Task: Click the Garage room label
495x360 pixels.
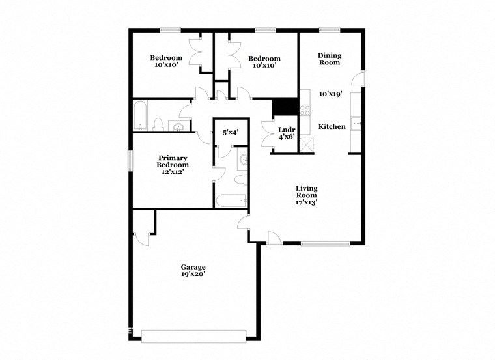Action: [x=193, y=268]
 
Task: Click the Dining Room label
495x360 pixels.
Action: [x=330, y=59]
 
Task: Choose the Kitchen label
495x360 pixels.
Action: [x=332, y=126]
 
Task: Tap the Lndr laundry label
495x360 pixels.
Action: [x=287, y=129]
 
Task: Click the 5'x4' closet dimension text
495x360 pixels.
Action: [x=230, y=133]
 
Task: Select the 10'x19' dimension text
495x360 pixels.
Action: [x=331, y=94]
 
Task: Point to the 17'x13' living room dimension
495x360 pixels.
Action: [x=306, y=202]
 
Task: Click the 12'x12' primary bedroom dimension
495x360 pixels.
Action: [x=173, y=173]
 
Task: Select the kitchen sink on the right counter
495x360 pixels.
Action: [x=356, y=122]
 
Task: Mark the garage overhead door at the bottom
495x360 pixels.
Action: [x=193, y=336]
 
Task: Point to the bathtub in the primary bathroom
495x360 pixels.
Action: [x=231, y=201]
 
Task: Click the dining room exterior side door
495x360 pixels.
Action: [x=361, y=78]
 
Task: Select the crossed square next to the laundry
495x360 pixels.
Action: [x=305, y=145]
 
